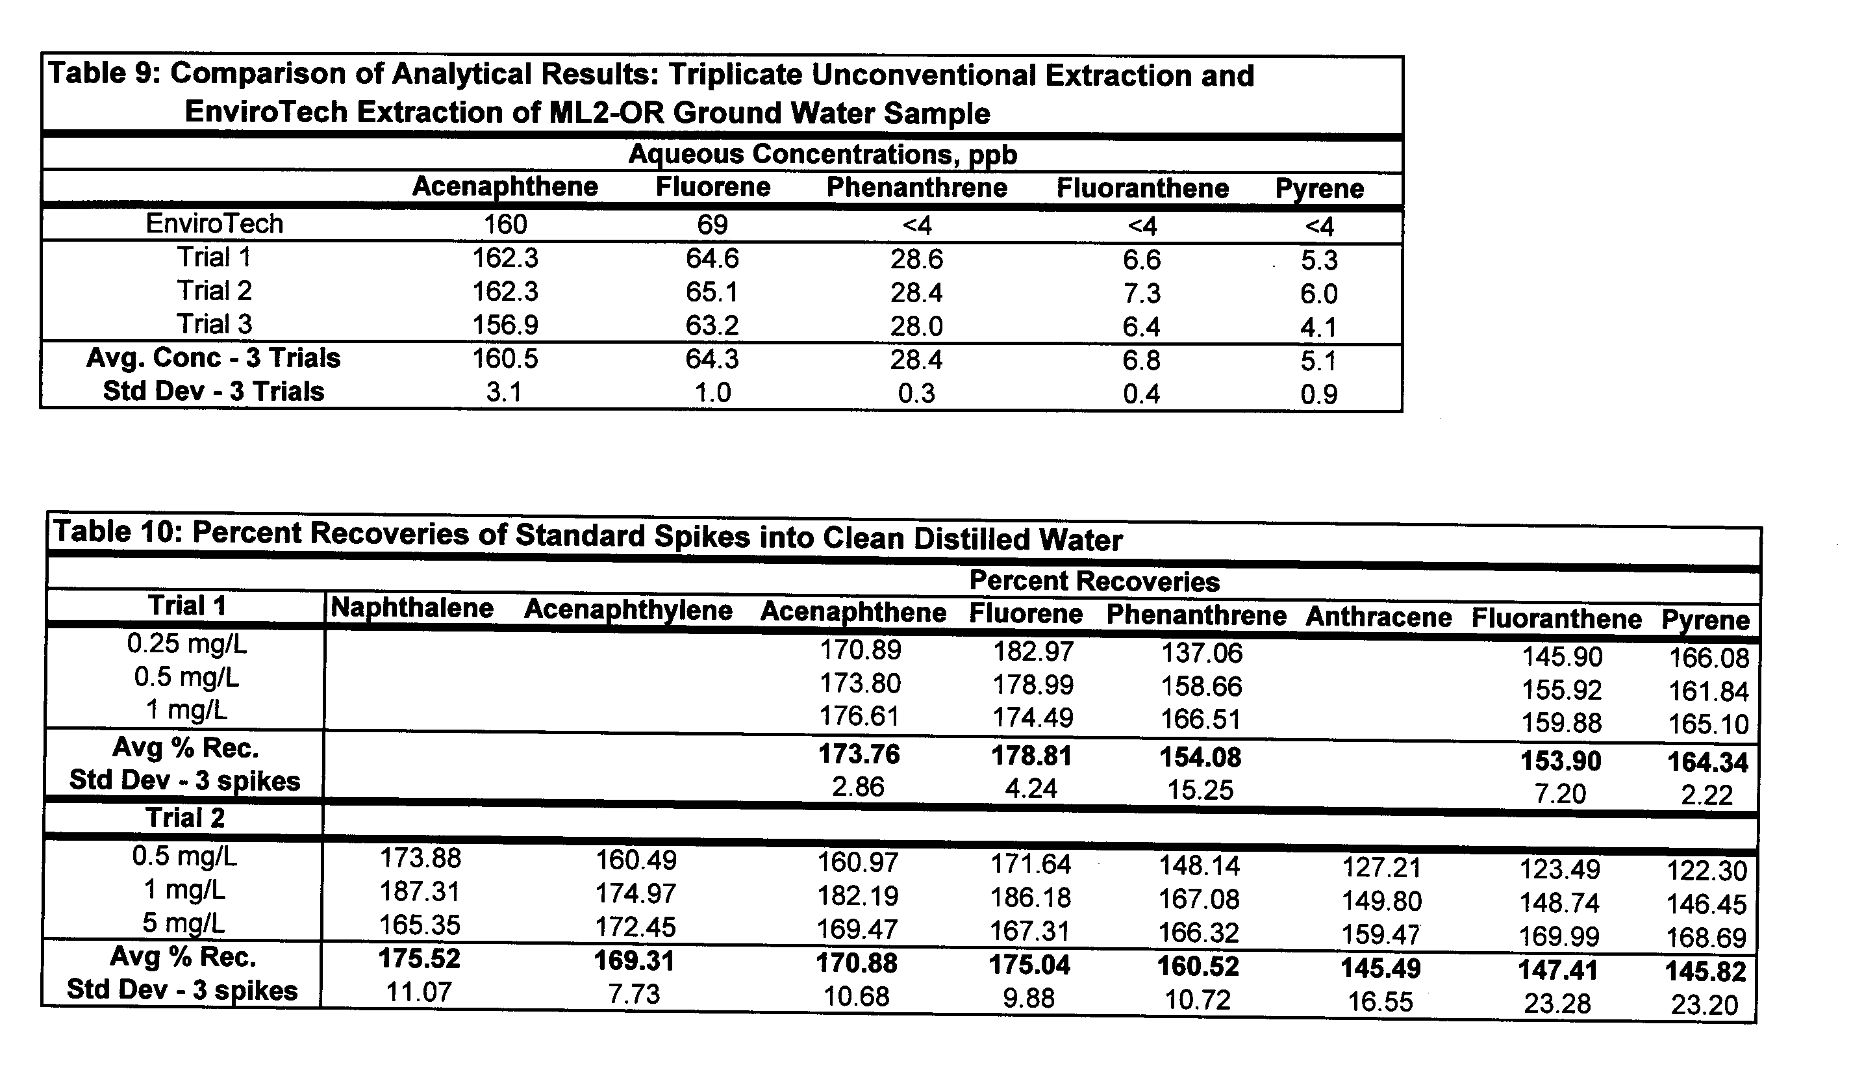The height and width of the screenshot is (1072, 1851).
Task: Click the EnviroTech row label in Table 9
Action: tap(214, 223)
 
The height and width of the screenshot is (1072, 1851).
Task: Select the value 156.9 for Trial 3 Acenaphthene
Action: tap(505, 325)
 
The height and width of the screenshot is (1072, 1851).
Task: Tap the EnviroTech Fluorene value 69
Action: tap(712, 224)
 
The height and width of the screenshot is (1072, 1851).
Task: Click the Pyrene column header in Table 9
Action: tap(1319, 189)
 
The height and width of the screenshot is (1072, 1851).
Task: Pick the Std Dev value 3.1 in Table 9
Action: tap(504, 392)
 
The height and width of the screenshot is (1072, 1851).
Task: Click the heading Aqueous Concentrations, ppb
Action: tap(823, 154)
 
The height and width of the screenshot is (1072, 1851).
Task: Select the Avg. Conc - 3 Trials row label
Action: tap(213, 358)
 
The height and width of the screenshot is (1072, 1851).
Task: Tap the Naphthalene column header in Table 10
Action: tap(411, 608)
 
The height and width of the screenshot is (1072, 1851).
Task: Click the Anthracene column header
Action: tap(1378, 617)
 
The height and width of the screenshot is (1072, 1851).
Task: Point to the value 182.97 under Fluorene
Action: tap(1033, 651)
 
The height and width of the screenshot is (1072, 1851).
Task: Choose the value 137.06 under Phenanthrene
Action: tap(1201, 652)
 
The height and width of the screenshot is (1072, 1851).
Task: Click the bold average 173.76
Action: tap(859, 754)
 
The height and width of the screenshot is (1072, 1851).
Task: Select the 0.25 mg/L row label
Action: tap(186, 644)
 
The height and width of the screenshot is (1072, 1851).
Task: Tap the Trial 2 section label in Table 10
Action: tap(185, 818)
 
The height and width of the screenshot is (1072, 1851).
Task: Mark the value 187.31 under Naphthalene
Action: tap(420, 892)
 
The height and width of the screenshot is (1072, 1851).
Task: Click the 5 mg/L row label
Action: tap(184, 923)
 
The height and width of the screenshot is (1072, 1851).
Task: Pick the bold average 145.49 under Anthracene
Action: tap(1380, 969)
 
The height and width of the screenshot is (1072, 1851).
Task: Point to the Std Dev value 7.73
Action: tap(634, 994)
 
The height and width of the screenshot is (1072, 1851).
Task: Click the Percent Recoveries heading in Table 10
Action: tap(1094, 581)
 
